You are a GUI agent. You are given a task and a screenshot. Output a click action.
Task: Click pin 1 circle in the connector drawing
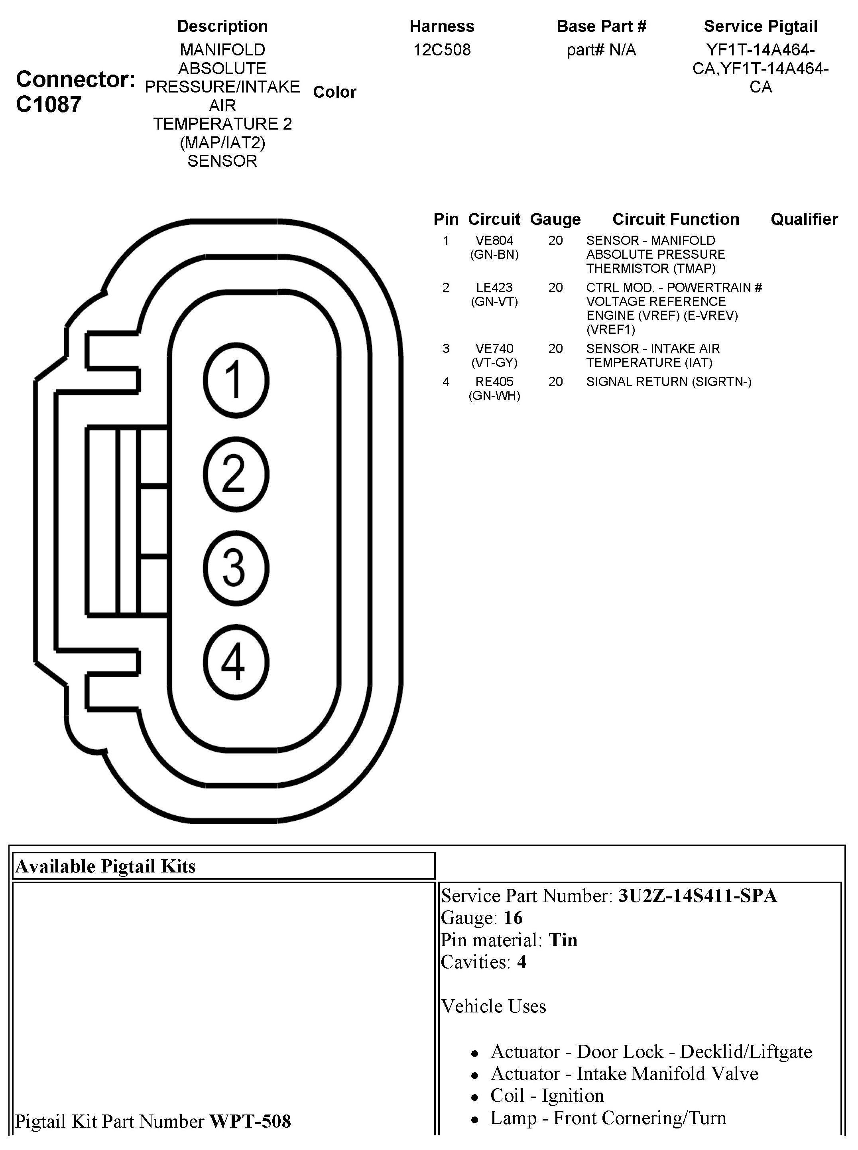(236, 380)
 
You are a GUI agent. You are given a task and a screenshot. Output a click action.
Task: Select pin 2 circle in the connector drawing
(236, 474)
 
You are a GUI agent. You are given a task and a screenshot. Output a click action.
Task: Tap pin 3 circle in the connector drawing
(236, 568)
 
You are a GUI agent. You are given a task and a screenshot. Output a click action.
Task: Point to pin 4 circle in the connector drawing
(236, 662)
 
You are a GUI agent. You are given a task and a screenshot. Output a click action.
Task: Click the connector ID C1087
(49, 104)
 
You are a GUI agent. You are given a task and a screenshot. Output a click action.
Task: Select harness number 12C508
(442, 50)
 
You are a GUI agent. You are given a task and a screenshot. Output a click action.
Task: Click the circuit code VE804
(494, 240)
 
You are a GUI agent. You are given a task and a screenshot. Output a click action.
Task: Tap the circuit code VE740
(494, 349)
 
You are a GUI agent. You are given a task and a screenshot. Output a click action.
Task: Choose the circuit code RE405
(494, 382)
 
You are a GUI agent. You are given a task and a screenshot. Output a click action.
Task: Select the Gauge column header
(555, 219)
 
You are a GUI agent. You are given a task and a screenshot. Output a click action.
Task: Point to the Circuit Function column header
(676, 219)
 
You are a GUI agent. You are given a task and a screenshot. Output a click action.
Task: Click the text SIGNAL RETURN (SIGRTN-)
(669, 382)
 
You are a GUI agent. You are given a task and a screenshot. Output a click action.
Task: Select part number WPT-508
(250, 1121)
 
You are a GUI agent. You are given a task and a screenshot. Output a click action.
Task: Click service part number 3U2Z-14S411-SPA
(697, 896)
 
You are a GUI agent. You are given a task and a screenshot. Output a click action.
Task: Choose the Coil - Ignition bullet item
(547, 1095)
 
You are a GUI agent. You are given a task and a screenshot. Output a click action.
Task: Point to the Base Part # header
(601, 26)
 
